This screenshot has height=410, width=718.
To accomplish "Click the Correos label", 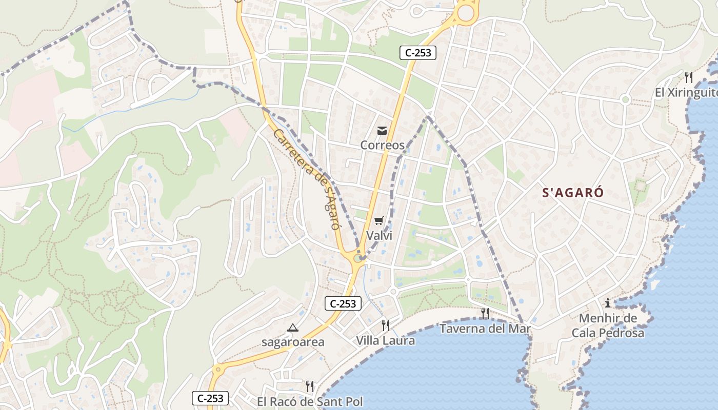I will pyautogui.click(x=382, y=145).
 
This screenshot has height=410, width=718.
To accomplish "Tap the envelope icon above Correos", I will pyautogui.click(x=382, y=131).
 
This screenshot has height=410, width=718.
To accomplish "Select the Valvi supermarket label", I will pyautogui.click(x=379, y=235).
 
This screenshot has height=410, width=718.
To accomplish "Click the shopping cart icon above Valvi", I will pyautogui.click(x=379, y=221).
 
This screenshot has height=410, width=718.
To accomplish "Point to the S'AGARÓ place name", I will pyautogui.click(x=573, y=193).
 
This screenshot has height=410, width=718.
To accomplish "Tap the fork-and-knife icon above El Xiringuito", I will pyautogui.click(x=689, y=77).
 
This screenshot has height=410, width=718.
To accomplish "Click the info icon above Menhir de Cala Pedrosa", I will pyautogui.click(x=608, y=303).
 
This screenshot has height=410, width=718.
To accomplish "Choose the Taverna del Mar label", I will pyautogui.click(x=485, y=328).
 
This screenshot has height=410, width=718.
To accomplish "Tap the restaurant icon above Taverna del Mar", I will pyautogui.click(x=485, y=313).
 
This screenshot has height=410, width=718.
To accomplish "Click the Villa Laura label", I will pyautogui.click(x=386, y=340).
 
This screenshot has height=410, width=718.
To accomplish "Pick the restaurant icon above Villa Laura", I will pyautogui.click(x=386, y=325).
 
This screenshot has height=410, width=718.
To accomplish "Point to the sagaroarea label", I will pyautogui.click(x=293, y=342).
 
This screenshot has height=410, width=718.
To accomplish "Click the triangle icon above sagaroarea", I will pyautogui.click(x=293, y=327).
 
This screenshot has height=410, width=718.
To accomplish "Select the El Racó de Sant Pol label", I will pyautogui.click(x=310, y=401).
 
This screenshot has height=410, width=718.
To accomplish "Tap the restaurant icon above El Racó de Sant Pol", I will pyautogui.click(x=310, y=386).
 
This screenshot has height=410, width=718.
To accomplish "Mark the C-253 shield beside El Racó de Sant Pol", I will pyautogui.click(x=210, y=398).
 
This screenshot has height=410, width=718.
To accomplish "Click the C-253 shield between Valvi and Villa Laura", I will pyautogui.click(x=343, y=303).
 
